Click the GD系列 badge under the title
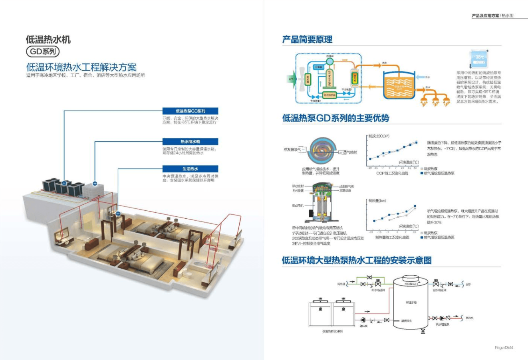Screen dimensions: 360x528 click(x=42, y=51)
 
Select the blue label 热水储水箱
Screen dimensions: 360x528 click(x=190, y=142)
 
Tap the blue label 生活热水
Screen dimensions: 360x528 click(x=190, y=169)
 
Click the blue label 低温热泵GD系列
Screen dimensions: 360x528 click(x=190, y=111)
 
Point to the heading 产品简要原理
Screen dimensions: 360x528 click(x=307, y=39)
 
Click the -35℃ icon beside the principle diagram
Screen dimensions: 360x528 click(x=479, y=59)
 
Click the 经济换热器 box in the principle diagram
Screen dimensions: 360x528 click(x=330, y=95)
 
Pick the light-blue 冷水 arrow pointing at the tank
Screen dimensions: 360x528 click(x=420, y=77)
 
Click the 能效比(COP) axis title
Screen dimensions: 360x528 click(x=379, y=136)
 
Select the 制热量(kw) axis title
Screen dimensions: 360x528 click(x=377, y=200)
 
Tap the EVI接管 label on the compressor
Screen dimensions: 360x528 click(x=298, y=191)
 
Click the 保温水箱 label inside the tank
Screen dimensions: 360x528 click(x=411, y=302)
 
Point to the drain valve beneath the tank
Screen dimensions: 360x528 click(x=423, y=331)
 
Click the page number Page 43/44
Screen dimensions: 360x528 click(x=504, y=348)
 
